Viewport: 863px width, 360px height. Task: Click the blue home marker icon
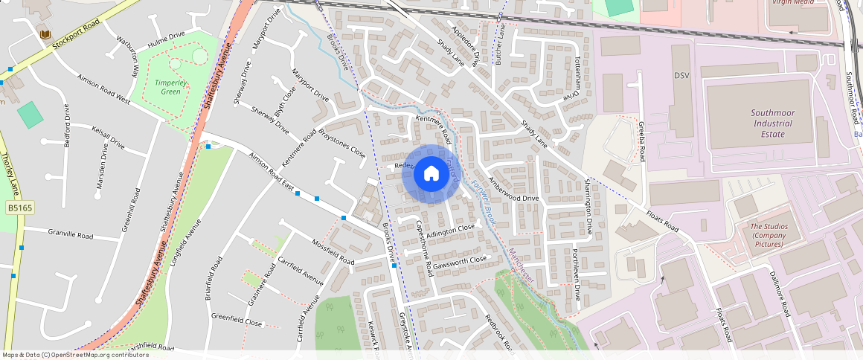431,174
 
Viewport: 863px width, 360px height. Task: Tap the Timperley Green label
167,87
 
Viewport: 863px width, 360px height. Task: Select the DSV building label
682,76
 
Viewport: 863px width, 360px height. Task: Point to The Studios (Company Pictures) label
768,235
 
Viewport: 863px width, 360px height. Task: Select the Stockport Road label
76,34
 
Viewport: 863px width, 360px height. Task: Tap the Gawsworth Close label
460,262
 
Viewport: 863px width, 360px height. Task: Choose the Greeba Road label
641,141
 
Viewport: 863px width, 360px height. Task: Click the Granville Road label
71,234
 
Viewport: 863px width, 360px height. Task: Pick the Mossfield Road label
333,252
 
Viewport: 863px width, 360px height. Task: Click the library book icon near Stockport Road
44,34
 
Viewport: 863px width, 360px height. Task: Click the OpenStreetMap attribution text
76,355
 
